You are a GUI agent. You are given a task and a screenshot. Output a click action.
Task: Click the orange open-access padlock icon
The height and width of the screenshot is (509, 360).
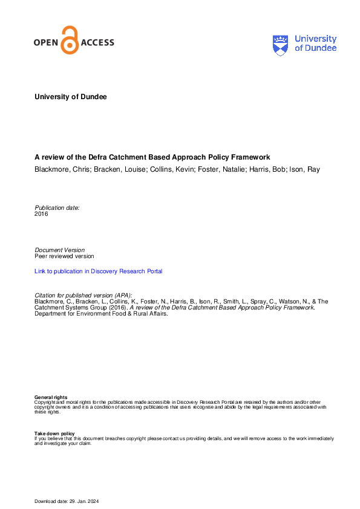71,41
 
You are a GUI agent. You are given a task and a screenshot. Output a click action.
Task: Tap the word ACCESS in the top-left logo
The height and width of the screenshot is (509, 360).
97,43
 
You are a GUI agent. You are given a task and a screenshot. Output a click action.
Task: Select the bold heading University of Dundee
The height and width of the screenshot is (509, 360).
71,97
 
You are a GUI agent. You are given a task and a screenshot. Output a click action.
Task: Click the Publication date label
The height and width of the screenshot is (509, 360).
57,207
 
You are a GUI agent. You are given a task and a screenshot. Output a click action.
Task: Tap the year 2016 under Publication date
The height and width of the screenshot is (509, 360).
41,214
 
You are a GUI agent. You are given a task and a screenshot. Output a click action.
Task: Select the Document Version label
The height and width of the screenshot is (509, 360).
60,250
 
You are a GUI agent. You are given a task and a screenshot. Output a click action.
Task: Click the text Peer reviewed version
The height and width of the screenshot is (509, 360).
64,256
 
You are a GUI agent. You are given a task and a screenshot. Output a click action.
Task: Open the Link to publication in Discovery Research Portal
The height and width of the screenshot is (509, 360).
99,271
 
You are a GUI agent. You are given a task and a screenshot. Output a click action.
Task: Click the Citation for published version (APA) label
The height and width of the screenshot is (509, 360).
83,294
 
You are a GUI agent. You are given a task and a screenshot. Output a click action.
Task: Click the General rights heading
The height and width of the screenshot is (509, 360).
51,397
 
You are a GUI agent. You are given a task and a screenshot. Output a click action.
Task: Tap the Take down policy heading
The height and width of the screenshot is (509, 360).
54,433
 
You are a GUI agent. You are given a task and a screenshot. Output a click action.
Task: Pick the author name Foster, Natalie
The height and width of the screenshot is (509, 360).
224,169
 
